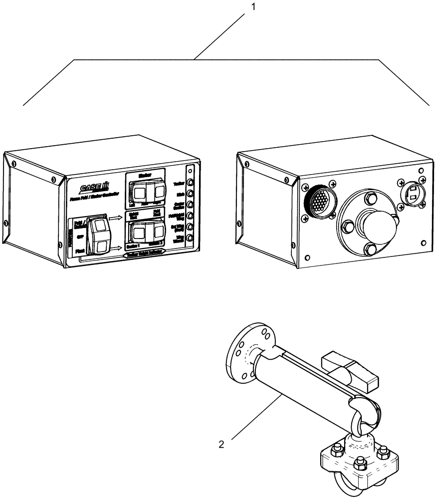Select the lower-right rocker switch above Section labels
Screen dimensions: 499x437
[x=147, y=231]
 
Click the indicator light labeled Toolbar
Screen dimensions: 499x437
[x=190, y=183]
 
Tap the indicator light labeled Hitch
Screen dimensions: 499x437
[x=190, y=194]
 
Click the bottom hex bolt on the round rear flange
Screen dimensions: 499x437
[x=371, y=250]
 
